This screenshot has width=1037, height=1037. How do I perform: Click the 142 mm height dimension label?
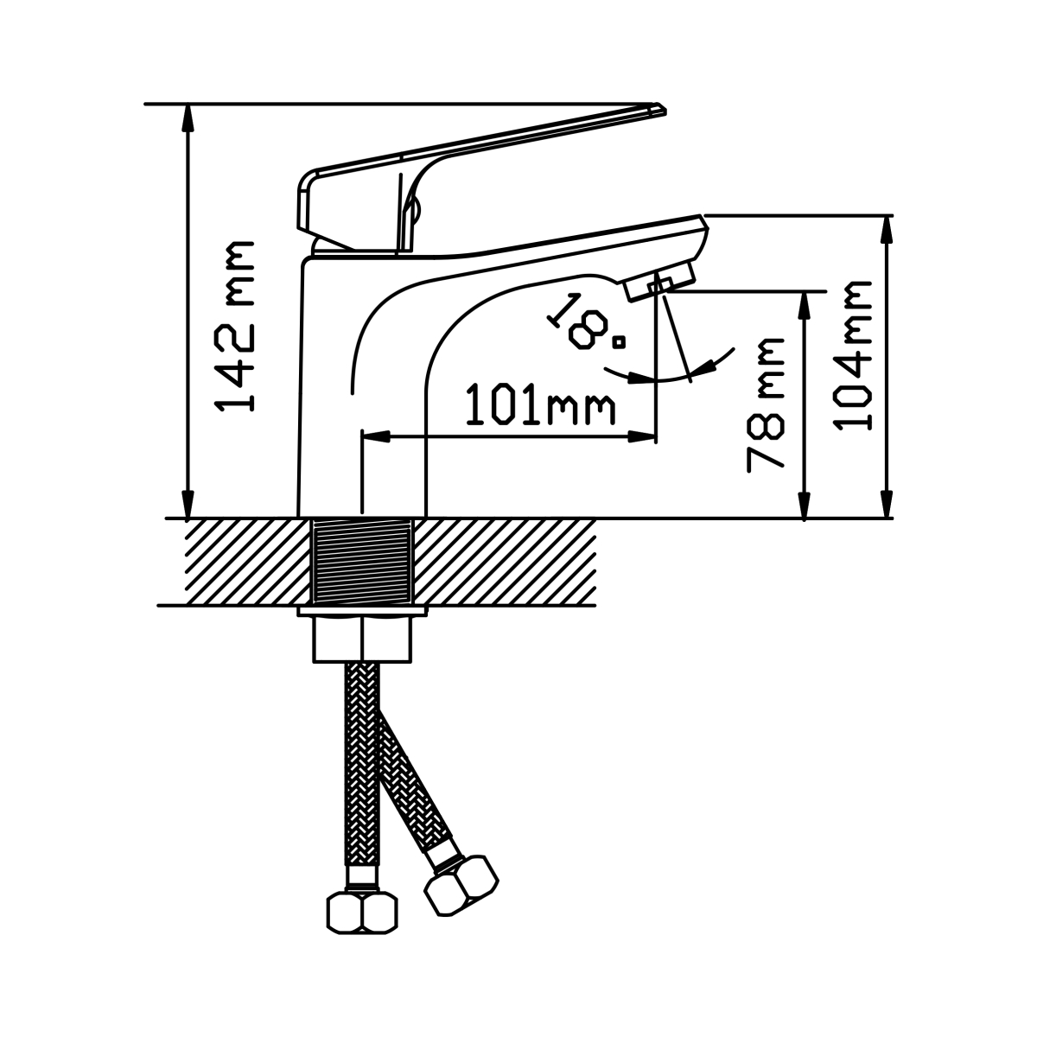coord(234,327)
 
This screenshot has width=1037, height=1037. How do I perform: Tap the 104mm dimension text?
coord(852,356)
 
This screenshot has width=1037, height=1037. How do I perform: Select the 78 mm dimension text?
coord(766,404)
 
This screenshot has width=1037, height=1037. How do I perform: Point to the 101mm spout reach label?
coord(540,404)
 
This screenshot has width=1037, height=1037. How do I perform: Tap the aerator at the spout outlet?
coord(660,282)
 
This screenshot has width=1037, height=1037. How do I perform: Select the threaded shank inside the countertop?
coord(361,561)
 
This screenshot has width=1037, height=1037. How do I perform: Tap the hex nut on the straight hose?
coord(362,913)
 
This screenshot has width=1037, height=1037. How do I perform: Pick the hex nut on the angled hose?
coord(461,885)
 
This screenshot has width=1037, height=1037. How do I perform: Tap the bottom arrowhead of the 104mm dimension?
coord(887,504)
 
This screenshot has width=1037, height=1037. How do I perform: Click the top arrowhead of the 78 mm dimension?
coord(804,306)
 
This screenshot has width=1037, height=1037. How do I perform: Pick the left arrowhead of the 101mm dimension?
coord(376,436)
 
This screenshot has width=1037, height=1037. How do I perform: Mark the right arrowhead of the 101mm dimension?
coord(642,436)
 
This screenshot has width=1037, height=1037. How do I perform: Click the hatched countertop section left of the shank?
coord(249,562)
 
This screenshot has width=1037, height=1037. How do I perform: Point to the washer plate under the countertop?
coord(361,611)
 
